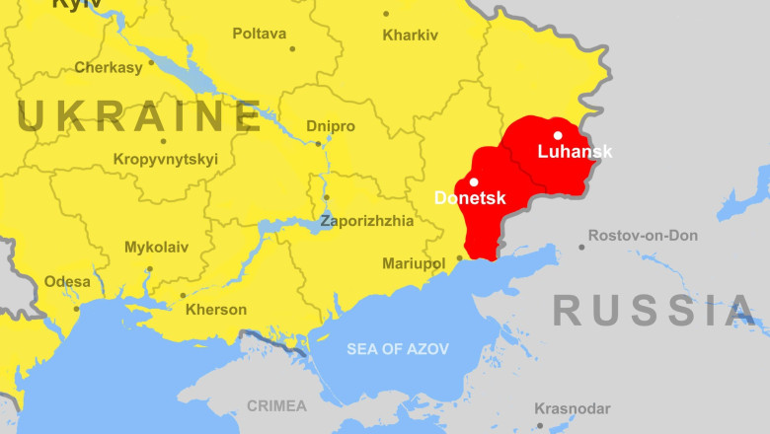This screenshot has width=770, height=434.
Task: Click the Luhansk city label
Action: (575, 152)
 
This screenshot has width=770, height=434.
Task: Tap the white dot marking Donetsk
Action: (474, 181)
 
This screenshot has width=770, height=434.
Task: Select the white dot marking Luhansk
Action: (558, 136)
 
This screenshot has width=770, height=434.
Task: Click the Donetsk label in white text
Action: (470, 198)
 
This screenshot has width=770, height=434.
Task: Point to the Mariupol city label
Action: (414, 263)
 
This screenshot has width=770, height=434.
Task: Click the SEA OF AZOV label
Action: (397, 349)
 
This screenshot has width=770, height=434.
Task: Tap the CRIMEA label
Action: (276, 405)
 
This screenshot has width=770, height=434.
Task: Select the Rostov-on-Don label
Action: (643, 236)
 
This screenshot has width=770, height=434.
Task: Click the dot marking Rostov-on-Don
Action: (581, 247)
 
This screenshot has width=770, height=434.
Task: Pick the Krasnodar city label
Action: (573, 408)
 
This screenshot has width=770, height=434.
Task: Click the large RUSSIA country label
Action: (654, 311)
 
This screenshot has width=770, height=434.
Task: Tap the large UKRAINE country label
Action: (139, 116)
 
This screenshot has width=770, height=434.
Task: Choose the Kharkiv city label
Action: (410, 35)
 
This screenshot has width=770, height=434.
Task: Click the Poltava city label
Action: (260, 34)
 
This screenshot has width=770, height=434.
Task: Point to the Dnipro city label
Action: (331, 126)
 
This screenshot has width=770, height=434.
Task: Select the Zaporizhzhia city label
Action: (367, 221)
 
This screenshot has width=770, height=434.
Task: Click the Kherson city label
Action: (216, 310)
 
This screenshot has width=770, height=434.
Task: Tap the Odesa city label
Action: (67, 282)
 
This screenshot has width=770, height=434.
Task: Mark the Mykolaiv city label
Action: (156, 248)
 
